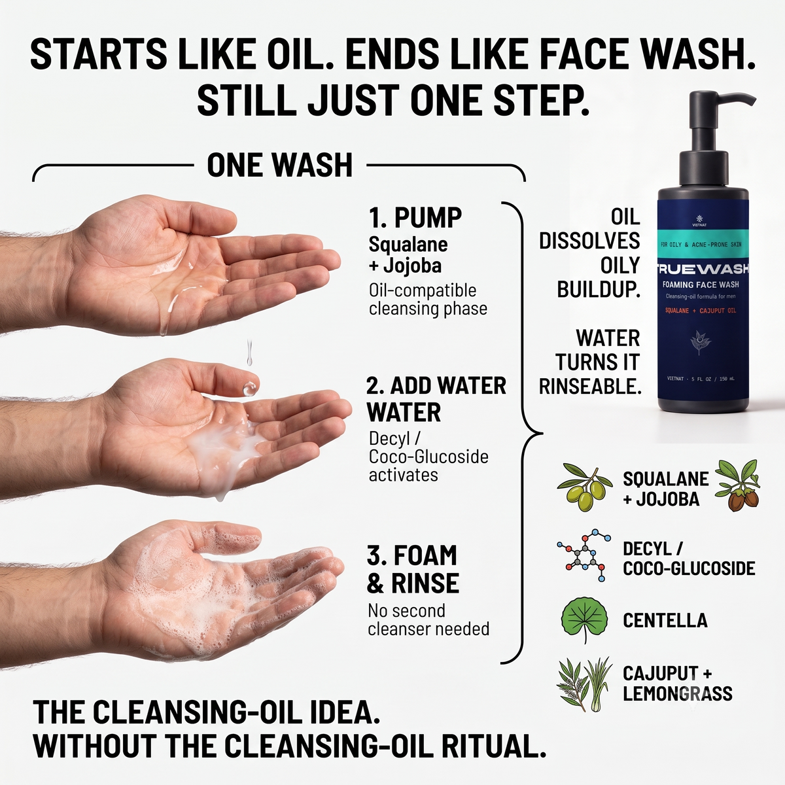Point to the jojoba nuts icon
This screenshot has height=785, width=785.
coord(738,485)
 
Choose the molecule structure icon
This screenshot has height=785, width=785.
coord(584,555)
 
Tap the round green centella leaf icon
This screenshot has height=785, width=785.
coord(584,620)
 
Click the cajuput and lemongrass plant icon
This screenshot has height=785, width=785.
coord(584,684)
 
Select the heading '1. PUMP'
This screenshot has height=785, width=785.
coord(415,218)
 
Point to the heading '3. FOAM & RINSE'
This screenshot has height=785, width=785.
coord(413,568)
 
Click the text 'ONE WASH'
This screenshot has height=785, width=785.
coord(279,165)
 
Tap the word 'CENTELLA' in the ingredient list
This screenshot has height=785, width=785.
coord(665,620)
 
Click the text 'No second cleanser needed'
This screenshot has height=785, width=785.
coord(428,619)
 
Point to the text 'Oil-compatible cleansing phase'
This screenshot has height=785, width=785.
coord(428,300)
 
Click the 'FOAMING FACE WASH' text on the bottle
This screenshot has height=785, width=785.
coord(701,285)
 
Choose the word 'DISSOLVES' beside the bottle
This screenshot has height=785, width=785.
coord(589,241)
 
